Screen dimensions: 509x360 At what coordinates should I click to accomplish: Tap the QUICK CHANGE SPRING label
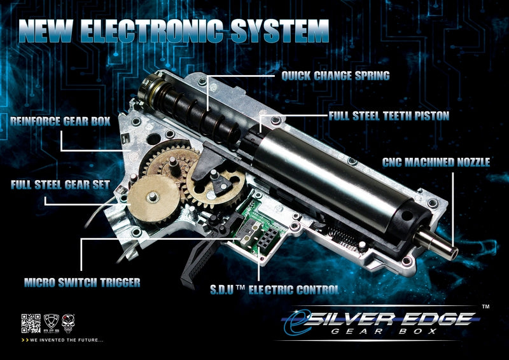(x=336, y=76)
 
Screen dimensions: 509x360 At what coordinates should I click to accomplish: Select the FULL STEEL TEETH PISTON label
(x=389, y=116)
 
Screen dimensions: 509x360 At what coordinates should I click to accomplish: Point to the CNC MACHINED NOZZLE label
(x=436, y=162)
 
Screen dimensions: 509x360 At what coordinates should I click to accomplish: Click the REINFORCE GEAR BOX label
(x=60, y=121)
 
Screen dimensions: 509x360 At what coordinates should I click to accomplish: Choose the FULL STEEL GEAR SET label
(x=60, y=184)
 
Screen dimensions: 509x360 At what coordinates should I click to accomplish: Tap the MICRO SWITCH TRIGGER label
(x=82, y=282)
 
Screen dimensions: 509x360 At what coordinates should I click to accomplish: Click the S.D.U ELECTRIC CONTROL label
(x=275, y=290)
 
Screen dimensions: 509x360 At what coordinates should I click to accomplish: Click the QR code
(x=31, y=323)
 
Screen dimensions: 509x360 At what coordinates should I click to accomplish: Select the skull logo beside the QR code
(x=68, y=323)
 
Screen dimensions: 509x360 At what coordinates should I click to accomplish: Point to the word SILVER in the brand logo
(x=352, y=320)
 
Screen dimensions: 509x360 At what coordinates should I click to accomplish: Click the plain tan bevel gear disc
(x=153, y=198)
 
